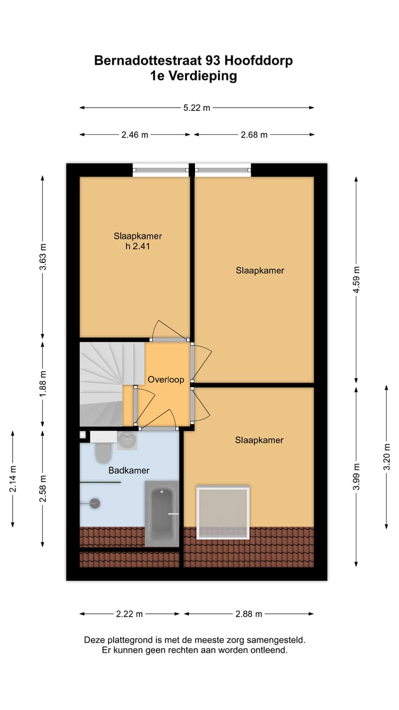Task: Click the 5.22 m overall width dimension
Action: pyautogui.click(x=197, y=108)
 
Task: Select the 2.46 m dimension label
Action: pyautogui.click(x=135, y=135)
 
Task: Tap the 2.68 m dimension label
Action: pyautogui.click(x=254, y=135)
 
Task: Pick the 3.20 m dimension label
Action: pyautogui.click(x=387, y=456)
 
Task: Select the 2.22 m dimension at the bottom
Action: pyautogui.click(x=130, y=614)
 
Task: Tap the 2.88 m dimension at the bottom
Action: pyautogui.click(x=249, y=614)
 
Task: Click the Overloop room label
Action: pyautogui.click(x=165, y=380)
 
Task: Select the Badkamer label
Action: pyautogui.click(x=129, y=470)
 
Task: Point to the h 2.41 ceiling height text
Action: pyautogui.click(x=137, y=246)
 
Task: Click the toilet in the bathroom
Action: pyautogui.click(x=103, y=452)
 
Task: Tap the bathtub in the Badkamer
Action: pyautogui.click(x=162, y=514)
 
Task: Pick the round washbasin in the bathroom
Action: pyautogui.click(x=127, y=440)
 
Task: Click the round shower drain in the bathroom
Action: pyautogui.click(x=95, y=503)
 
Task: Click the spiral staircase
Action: pyautogui.click(x=105, y=383)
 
